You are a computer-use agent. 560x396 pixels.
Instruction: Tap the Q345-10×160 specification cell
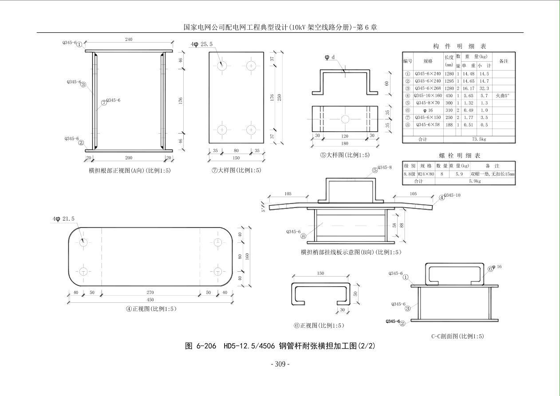pyautogui.click(x=428, y=95)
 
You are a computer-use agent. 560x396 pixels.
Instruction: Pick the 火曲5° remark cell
pyautogui.click(x=503, y=95)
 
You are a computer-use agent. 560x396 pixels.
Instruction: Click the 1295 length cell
pyautogui.click(x=449, y=81)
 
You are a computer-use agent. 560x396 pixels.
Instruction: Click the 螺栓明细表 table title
pyautogui.click(x=459, y=156)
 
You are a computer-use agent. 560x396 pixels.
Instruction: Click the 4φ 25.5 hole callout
pyautogui.click(x=202, y=44)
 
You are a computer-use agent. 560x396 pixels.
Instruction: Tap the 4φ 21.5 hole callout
pyautogui.click(x=64, y=219)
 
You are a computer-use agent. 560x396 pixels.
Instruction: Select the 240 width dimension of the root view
pyautogui.click(x=128, y=40)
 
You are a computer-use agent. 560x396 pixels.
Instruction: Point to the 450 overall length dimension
pyautogui.click(x=151, y=299)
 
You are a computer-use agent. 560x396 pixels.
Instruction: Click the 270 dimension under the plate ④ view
pyautogui.click(x=150, y=293)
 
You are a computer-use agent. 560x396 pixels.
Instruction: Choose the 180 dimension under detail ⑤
pyautogui.click(x=345, y=143)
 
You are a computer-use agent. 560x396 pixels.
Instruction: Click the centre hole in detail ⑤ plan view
pyautogui.click(x=345, y=119)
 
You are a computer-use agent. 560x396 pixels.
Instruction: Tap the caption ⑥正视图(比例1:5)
pyautogui.click(x=319, y=325)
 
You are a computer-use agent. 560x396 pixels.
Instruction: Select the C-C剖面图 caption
pyautogui.click(x=457, y=336)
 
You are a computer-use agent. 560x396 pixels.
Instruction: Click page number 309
pyautogui.click(x=280, y=364)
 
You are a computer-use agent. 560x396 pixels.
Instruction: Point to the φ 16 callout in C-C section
pyautogui.click(x=496, y=267)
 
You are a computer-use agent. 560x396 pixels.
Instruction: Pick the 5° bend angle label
pyautogui.click(x=263, y=207)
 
